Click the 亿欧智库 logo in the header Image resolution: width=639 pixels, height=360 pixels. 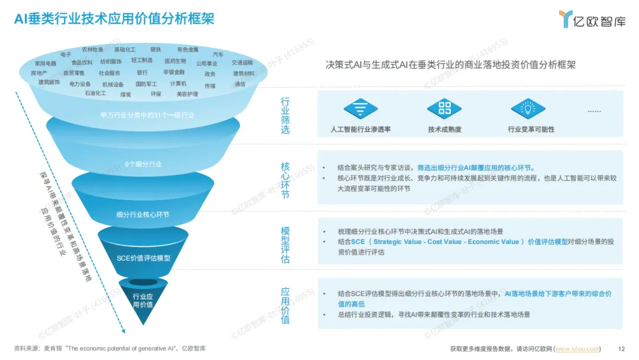[592, 20]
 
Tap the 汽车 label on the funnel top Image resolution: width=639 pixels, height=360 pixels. [218, 54]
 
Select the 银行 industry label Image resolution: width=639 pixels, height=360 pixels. [142, 73]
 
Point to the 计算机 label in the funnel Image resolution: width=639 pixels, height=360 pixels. [178, 83]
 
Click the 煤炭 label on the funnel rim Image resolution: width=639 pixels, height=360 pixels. [125, 94]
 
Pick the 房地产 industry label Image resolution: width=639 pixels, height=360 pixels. [39, 73]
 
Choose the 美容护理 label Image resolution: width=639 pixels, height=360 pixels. [188, 94]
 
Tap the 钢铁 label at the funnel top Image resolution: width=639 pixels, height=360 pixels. [156, 50]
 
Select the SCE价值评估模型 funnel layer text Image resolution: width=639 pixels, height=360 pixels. [143, 258]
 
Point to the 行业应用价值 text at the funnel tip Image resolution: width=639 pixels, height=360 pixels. [143, 300]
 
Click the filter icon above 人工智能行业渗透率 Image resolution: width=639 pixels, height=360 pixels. [360, 108]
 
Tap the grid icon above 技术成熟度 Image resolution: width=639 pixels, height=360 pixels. [444, 108]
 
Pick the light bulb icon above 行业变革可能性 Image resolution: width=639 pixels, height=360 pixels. [527, 108]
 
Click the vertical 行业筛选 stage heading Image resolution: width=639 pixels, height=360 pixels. [285, 115]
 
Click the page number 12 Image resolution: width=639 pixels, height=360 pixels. [621, 349]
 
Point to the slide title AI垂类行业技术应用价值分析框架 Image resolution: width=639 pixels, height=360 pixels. [114, 19]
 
